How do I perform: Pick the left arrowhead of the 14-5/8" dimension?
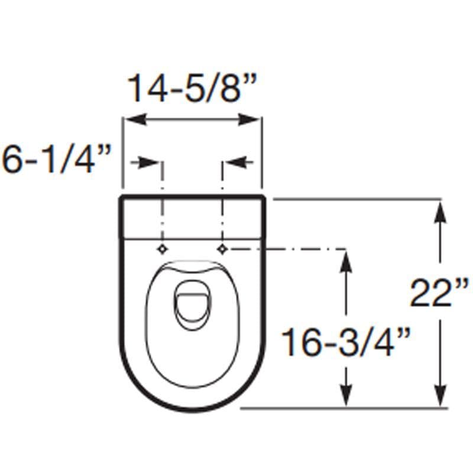(x=131, y=120)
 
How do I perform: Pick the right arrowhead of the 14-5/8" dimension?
(x=252, y=120)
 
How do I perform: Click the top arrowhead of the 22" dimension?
(x=440, y=210)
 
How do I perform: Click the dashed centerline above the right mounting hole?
(x=222, y=201)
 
